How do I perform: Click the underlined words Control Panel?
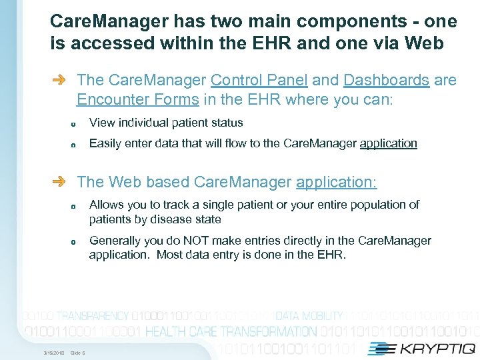click(x=259, y=81)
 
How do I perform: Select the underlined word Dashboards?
click(x=386, y=81)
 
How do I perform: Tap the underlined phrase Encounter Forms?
click(x=137, y=100)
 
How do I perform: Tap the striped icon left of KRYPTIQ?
click(x=379, y=348)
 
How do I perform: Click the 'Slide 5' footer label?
click(x=77, y=353)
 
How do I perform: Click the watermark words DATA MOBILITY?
click(x=309, y=316)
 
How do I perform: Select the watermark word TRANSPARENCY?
click(x=93, y=316)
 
